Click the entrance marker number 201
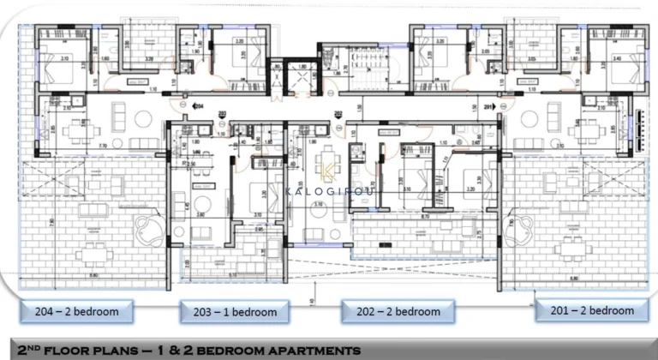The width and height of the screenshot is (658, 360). point(489,106)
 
